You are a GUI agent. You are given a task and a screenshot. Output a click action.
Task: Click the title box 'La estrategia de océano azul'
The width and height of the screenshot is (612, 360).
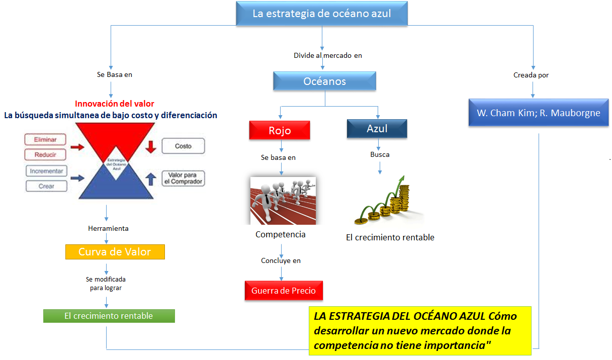pyautogui.click(x=322, y=14)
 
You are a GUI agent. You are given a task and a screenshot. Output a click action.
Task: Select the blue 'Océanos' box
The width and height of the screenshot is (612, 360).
pyautogui.click(x=324, y=81)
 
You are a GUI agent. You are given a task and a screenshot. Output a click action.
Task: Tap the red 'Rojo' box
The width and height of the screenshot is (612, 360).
pyautogui.click(x=280, y=130)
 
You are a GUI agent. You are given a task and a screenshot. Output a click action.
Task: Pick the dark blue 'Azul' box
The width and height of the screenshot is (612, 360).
pyautogui.click(x=377, y=128)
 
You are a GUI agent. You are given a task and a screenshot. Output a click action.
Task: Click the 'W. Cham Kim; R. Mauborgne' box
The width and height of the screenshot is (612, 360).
pyautogui.click(x=539, y=113)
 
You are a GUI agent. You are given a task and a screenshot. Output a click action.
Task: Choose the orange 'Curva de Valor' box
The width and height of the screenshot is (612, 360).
pyautogui.click(x=115, y=252)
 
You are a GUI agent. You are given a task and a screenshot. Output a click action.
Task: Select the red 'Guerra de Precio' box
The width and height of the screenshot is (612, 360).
pyautogui.click(x=284, y=291)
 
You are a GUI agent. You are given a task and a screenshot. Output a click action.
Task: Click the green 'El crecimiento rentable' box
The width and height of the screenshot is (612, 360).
pyautogui.click(x=109, y=316)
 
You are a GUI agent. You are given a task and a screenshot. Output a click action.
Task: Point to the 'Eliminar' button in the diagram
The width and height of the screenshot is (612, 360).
pyautogui.click(x=45, y=139)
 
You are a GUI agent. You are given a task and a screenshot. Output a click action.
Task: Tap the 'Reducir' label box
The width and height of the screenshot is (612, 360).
pyautogui.click(x=45, y=154)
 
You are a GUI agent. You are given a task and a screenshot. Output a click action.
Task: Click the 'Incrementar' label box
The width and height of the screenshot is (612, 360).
pyautogui.click(x=46, y=171)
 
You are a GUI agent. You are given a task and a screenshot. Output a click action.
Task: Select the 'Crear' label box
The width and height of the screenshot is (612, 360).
pyautogui.click(x=46, y=186)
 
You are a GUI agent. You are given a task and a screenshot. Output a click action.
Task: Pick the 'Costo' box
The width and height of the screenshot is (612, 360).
pyautogui.click(x=183, y=146)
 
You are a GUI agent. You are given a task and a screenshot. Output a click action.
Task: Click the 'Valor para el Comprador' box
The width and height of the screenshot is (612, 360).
pyautogui.click(x=183, y=178)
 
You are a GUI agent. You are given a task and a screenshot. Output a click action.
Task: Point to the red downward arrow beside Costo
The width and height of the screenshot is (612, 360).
pyautogui.click(x=151, y=147)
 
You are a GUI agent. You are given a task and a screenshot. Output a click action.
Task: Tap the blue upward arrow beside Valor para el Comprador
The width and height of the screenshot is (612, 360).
pyautogui.click(x=151, y=179)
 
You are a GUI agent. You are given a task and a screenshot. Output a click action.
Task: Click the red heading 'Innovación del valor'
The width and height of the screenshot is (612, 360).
pyautogui.click(x=115, y=104)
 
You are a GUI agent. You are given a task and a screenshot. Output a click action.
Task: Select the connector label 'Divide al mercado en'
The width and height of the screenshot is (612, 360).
pyautogui.click(x=328, y=55)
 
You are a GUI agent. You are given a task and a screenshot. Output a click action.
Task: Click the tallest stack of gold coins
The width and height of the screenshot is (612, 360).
pyautogui.click(x=404, y=198)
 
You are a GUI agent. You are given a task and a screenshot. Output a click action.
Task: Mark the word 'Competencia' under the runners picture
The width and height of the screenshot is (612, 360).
pyautogui.click(x=280, y=234)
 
